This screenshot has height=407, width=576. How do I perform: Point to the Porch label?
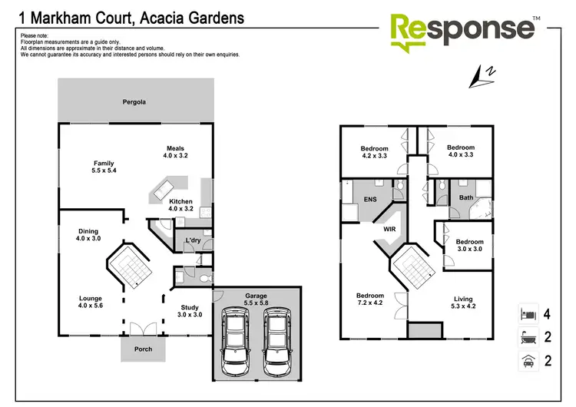(x=143, y=349)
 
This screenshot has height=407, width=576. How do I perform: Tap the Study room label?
(x=190, y=309)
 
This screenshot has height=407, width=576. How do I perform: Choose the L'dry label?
(x=193, y=241)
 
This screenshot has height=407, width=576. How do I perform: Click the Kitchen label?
(x=180, y=205)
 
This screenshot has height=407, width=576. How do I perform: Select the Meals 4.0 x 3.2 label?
(x=175, y=152)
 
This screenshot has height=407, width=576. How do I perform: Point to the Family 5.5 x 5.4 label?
(x=104, y=167)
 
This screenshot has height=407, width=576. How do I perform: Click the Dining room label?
(x=88, y=235)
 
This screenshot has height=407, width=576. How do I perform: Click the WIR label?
(x=389, y=228)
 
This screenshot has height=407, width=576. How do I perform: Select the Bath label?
(x=465, y=197)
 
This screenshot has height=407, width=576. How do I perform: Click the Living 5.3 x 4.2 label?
(x=463, y=303)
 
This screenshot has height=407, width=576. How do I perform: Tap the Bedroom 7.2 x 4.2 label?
(x=369, y=299)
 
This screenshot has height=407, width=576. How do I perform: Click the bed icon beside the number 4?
(x=527, y=313)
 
